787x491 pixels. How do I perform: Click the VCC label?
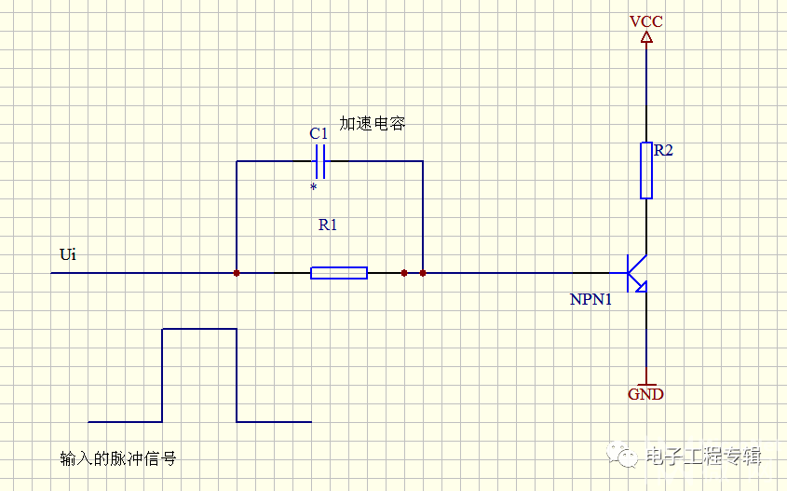pos(646,21)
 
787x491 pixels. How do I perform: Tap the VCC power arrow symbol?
pos(646,37)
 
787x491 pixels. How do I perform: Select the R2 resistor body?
pos(646,170)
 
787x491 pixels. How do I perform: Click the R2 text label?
pos(663,150)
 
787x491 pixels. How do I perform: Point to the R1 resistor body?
pos(339,273)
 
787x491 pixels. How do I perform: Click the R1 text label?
pos(328,225)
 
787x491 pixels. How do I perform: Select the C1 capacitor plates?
pos(320,161)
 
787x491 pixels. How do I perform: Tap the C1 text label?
pos(319,133)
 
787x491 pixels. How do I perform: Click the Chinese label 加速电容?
pos(372,123)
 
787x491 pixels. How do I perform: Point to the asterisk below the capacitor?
pos(314,187)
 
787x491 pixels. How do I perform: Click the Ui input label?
pos(68,254)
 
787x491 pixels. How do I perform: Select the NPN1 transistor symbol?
pos(636,273)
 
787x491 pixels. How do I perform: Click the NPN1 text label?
pos(590,299)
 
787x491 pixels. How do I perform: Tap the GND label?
pos(646,394)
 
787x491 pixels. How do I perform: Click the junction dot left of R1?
pos(237,273)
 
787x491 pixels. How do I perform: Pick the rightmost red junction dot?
pos(423,273)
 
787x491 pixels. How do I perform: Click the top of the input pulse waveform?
pos(199,329)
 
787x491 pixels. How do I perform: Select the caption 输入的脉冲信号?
pos(118,458)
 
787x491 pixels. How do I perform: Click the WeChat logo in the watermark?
pos(622,455)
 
